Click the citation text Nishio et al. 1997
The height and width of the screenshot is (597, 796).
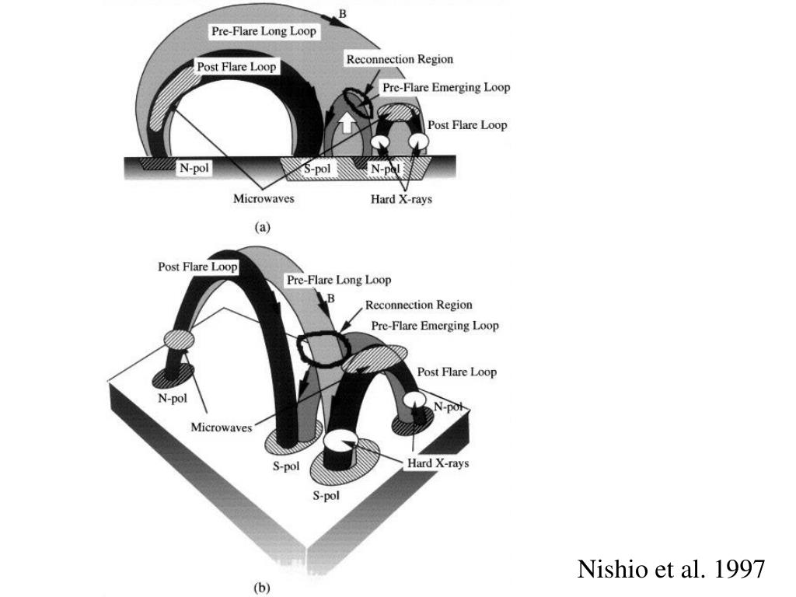(672, 570)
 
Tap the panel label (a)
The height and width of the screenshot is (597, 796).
(263, 227)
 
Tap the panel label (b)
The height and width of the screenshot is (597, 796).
(262, 588)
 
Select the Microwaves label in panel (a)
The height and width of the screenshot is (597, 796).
(264, 199)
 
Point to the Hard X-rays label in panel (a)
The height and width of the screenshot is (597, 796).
(401, 199)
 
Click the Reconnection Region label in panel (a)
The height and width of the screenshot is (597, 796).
(400, 59)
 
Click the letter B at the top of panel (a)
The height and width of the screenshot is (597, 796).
(343, 12)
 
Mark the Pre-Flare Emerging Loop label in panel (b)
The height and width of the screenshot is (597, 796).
(435, 326)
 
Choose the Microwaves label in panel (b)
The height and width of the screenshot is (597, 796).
(222, 427)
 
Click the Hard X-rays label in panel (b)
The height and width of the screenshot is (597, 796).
(438, 463)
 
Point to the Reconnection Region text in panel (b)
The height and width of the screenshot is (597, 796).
(418, 305)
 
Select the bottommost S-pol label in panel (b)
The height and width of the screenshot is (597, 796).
(328, 496)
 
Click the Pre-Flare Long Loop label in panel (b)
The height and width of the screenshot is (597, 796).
(339, 280)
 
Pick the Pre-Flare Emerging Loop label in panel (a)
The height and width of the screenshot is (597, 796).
(445, 88)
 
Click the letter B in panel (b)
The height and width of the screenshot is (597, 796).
(331, 298)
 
